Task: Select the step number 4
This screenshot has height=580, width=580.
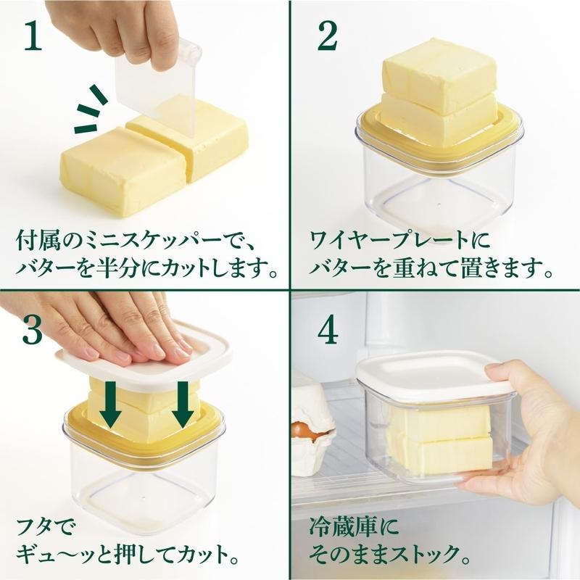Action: point(328,330)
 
